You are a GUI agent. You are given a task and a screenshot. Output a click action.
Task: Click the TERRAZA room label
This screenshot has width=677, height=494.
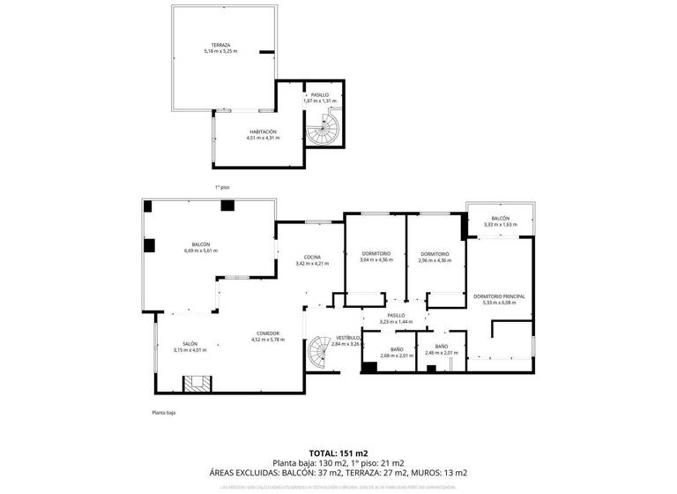(220, 45)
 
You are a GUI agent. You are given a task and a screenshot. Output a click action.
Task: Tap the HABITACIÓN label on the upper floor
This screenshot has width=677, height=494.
(262, 131)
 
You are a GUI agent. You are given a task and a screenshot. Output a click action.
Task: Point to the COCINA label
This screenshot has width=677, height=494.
(312, 257)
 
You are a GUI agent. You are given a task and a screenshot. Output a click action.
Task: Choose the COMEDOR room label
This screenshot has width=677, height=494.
(268, 333)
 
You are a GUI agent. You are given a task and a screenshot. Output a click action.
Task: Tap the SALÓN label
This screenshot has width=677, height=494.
(190, 343)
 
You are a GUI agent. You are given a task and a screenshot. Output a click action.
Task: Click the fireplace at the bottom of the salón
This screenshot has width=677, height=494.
(197, 383)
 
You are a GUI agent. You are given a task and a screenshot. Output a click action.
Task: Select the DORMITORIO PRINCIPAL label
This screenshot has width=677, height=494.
(499, 296)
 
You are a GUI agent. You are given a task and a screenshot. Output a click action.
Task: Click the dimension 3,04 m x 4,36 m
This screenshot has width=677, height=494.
(376, 260)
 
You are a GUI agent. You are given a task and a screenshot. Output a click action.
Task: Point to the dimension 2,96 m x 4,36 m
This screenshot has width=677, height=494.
(435, 260)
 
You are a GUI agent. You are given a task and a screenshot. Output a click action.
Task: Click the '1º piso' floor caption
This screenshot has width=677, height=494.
(222, 187)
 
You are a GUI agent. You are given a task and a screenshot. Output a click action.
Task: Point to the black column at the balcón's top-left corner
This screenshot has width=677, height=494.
(149, 206)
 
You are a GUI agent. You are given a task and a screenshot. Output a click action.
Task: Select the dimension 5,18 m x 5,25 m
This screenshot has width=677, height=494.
(220, 51)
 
